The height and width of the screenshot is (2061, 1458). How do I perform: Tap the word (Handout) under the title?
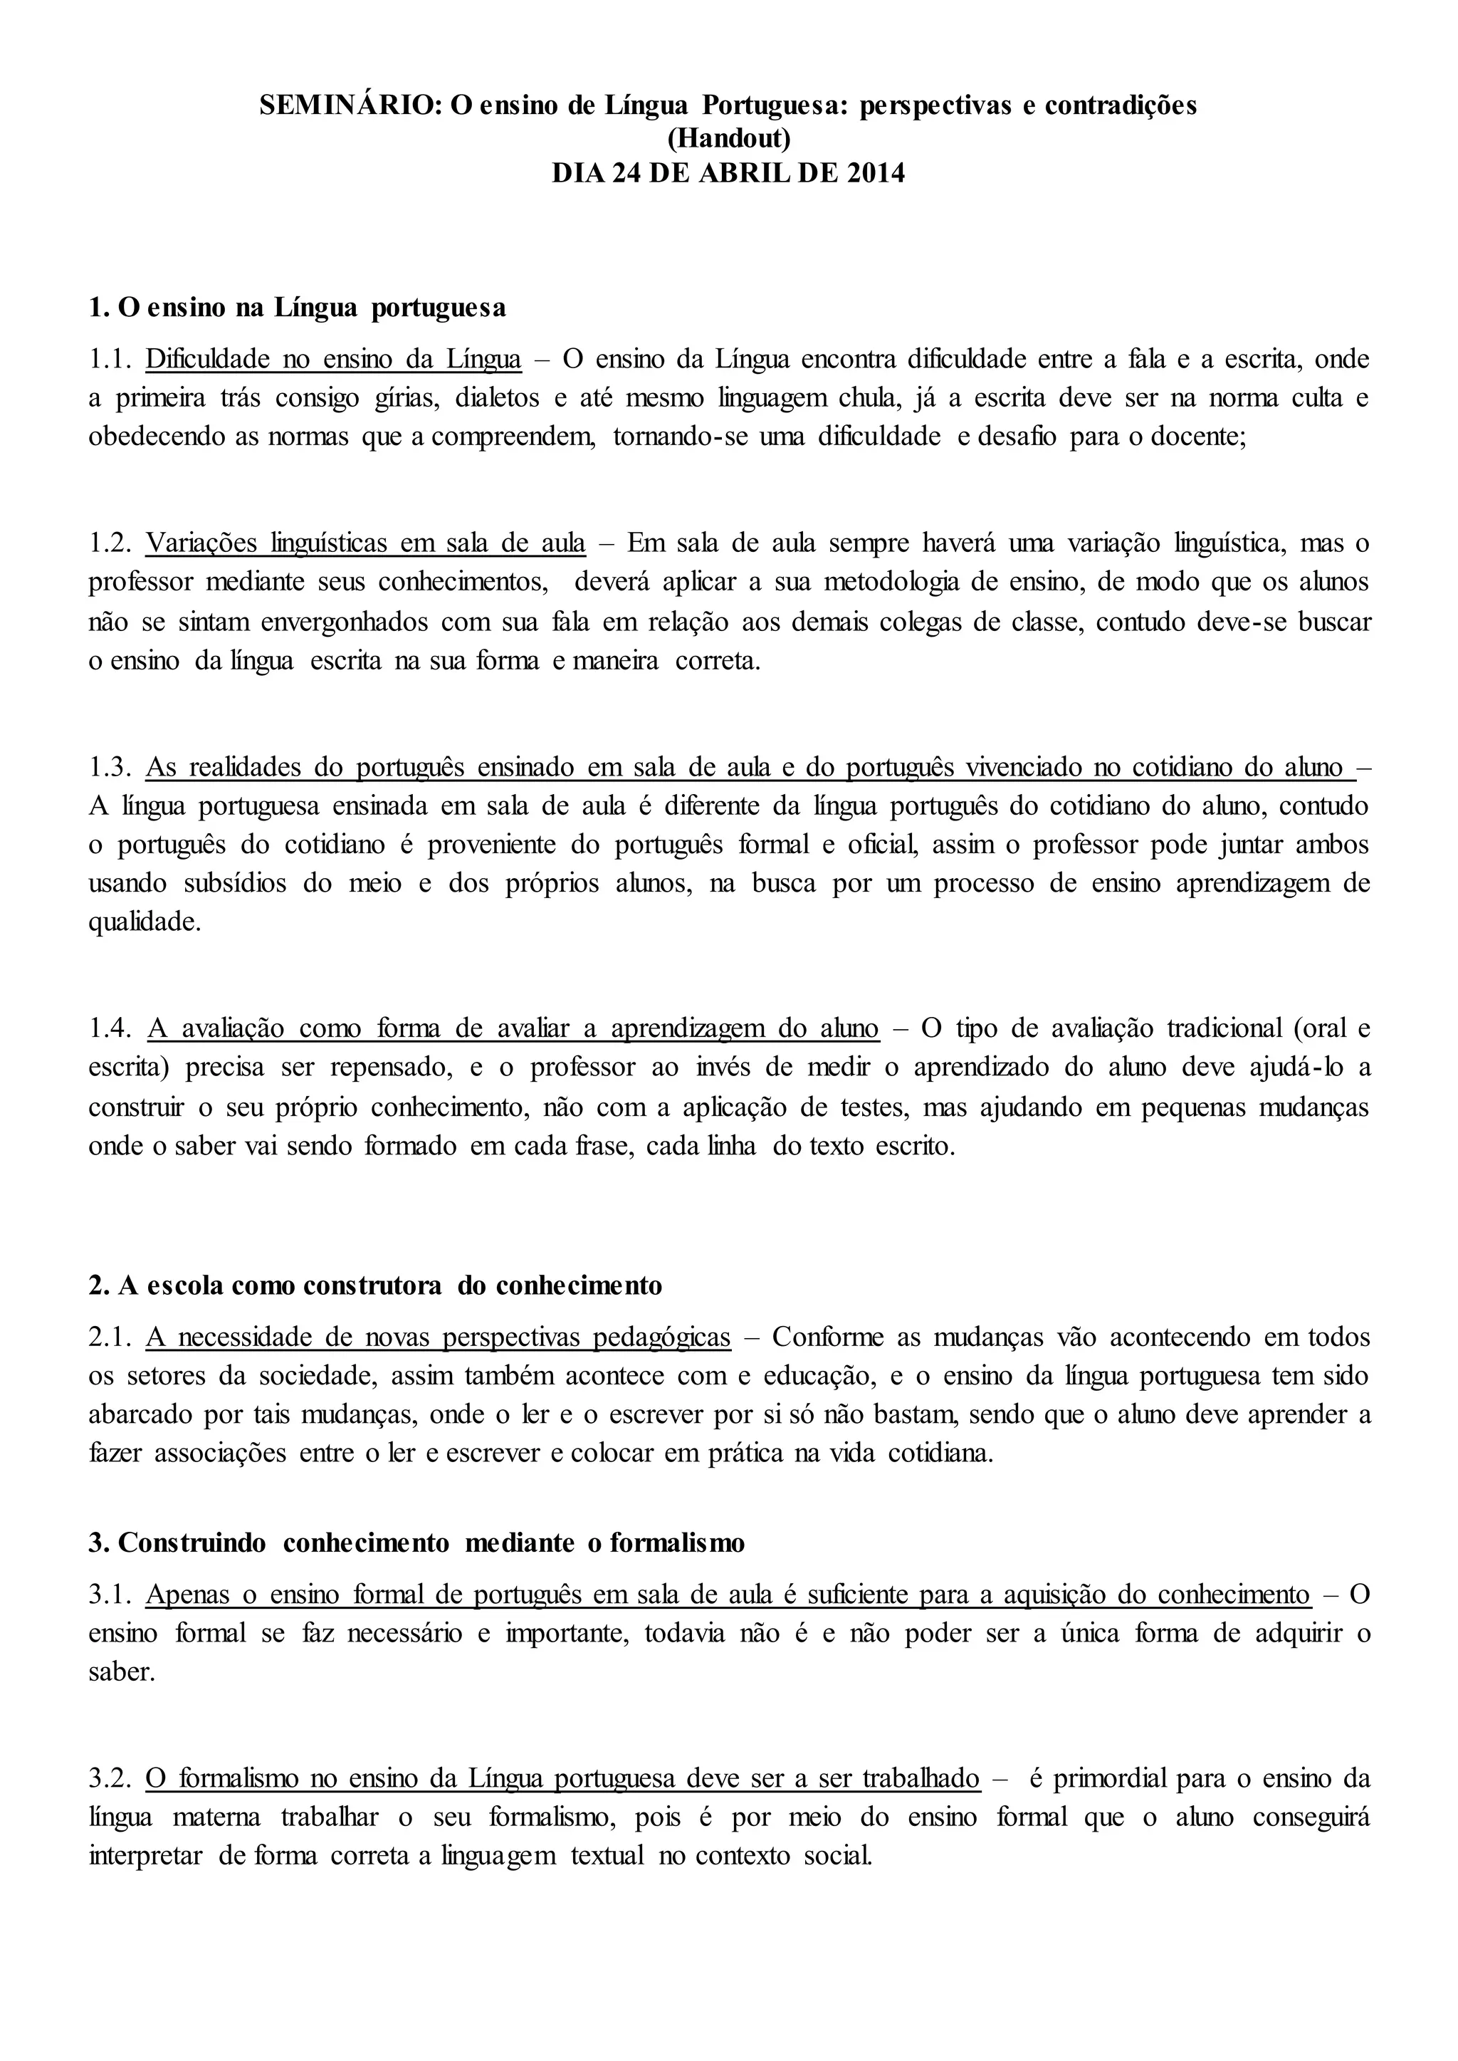[728, 138]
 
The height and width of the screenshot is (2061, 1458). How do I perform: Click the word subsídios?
[234, 884]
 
